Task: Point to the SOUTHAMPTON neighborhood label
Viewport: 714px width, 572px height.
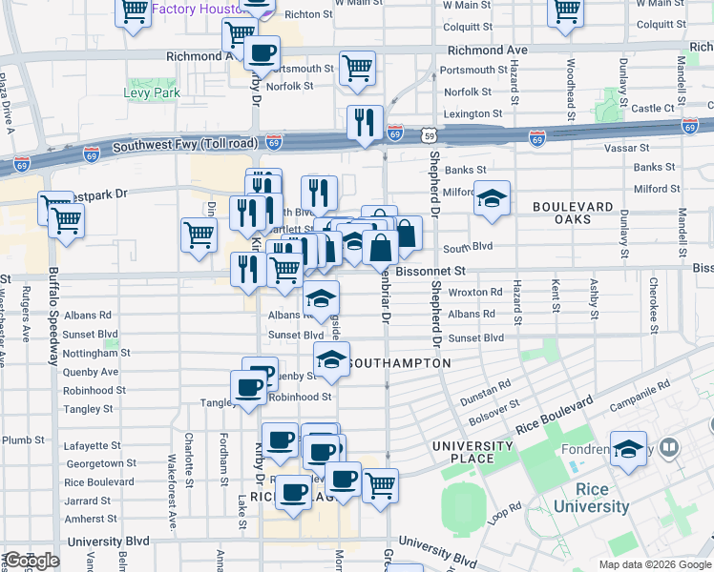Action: pyautogui.click(x=399, y=364)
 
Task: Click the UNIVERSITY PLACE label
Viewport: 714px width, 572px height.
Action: pyautogui.click(x=472, y=453)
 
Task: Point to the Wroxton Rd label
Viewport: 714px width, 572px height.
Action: pyautogui.click(x=474, y=293)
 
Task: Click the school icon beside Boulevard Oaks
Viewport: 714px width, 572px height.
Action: pyautogui.click(x=493, y=198)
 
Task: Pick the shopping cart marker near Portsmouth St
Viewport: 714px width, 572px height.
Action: pyautogui.click(x=357, y=68)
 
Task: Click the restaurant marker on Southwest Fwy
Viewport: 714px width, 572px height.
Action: pyautogui.click(x=365, y=122)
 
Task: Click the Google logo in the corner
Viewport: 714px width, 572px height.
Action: pyautogui.click(x=31, y=561)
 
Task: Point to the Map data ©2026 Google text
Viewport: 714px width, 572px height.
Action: pyautogui.click(x=655, y=564)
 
